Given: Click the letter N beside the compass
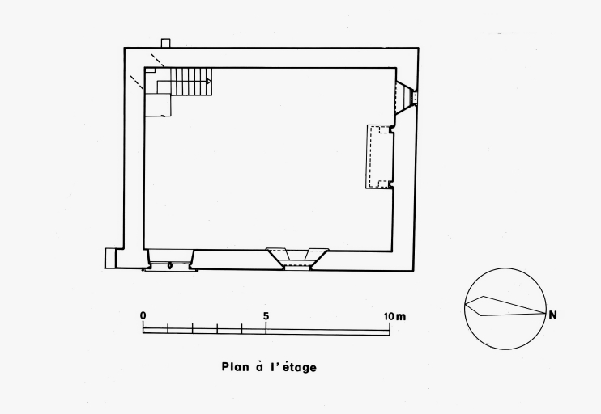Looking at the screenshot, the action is pyautogui.click(x=552, y=315).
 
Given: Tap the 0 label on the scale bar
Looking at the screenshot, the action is pyautogui.click(x=143, y=315).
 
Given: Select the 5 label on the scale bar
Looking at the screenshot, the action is pyautogui.click(x=266, y=316).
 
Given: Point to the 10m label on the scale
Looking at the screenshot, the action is pyautogui.click(x=394, y=316).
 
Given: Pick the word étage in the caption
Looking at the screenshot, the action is pyautogui.click(x=300, y=367).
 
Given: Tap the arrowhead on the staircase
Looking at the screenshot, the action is pyautogui.click(x=209, y=81).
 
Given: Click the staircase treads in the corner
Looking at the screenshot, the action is pyautogui.click(x=191, y=82).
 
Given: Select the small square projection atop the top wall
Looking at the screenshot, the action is pyautogui.click(x=165, y=43).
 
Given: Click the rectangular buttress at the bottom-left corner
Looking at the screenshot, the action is pyautogui.click(x=110, y=258).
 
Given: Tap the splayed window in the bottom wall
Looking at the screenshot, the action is pyautogui.click(x=297, y=259).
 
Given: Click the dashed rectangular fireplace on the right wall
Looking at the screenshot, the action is pyautogui.click(x=380, y=157).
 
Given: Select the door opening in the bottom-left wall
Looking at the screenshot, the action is pyautogui.click(x=170, y=260).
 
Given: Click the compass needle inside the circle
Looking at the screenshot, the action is pyautogui.click(x=505, y=306).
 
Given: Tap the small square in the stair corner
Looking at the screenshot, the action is pyautogui.click(x=150, y=70).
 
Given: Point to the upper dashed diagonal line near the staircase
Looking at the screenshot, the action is pyautogui.click(x=157, y=60).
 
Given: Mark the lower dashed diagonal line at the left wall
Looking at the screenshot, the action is pyautogui.click(x=137, y=82).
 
